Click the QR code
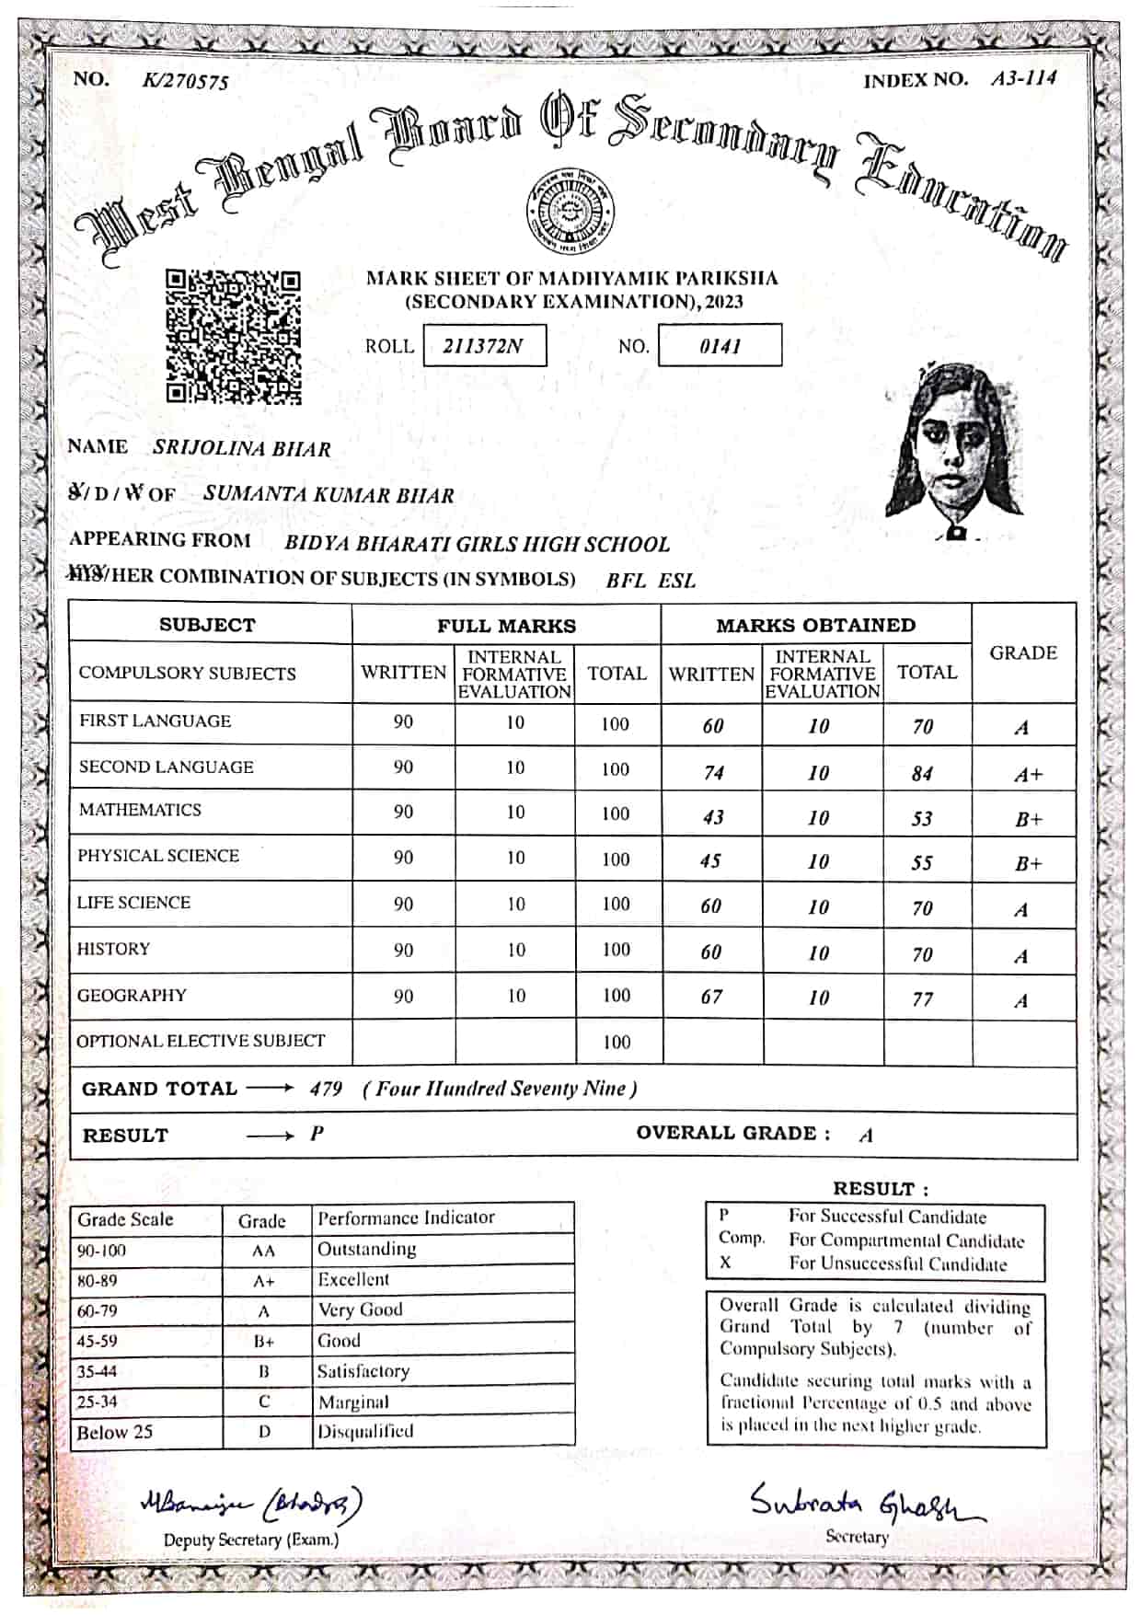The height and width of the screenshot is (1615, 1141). click(x=234, y=336)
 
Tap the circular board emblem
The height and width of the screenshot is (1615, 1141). click(x=570, y=213)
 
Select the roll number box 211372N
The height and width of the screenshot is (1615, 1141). click(x=484, y=346)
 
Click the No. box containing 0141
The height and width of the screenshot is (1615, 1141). click(x=720, y=346)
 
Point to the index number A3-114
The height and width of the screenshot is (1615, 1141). click(x=1023, y=78)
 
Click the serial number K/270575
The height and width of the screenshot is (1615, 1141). click(x=185, y=81)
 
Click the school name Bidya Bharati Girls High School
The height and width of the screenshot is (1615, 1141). click(x=477, y=544)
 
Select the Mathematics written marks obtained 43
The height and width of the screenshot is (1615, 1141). click(x=712, y=817)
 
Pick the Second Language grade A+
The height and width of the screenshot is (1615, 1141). click(x=1028, y=775)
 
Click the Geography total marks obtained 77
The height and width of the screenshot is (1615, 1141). click(x=923, y=999)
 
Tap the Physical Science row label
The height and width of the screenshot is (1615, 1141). click(x=158, y=856)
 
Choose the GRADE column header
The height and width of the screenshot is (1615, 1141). click(x=1023, y=653)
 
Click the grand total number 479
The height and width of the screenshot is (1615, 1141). click(x=326, y=1090)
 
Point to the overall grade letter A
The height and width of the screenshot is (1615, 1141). click(x=866, y=1136)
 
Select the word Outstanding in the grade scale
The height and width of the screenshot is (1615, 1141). click(x=366, y=1250)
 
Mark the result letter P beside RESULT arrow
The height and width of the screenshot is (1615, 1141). click(x=317, y=1134)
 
